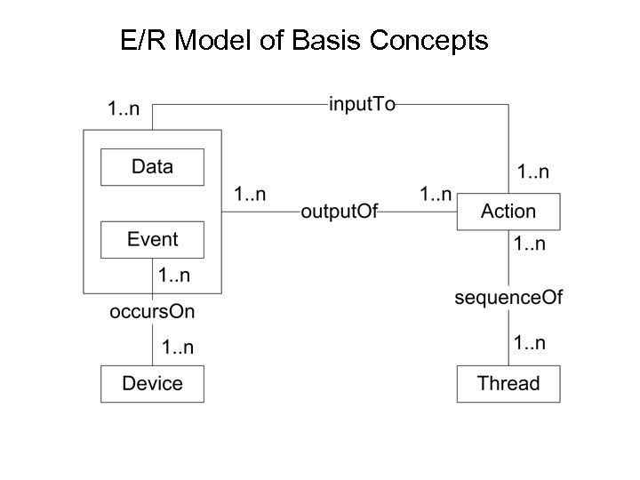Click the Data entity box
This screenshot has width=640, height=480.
pyautogui.click(x=152, y=167)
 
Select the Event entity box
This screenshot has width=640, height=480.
pyautogui.click(x=152, y=240)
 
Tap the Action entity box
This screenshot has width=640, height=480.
pyautogui.click(x=508, y=212)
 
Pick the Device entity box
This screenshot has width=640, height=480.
pyautogui.click(x=152, y=384)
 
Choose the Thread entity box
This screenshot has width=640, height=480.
pyautogui.click(x=508, y=384)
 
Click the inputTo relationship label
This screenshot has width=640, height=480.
pyautogui.click(x=362, y=105)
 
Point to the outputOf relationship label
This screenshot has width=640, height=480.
pyautogui.click(x=340, y=212)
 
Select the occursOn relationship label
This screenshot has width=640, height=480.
pyautogui.click(x=152, y=311)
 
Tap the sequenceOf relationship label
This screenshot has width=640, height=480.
pyautogui.click(x=508, y=298)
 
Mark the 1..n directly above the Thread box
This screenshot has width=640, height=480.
pyautogui.click(x=530, y=343)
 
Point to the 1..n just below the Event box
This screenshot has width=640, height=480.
pyautogui.click(x=173, y=276)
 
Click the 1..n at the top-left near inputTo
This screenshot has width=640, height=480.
pyautogui.click(x=124, y=110)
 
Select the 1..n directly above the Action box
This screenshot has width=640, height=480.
pyautogui.click(x=533, y=171)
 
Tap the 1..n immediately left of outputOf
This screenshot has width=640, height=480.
pyautogui.click(x=250, y=193)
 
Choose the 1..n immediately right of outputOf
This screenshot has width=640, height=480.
pyautogui.click(x=436, y=193)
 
